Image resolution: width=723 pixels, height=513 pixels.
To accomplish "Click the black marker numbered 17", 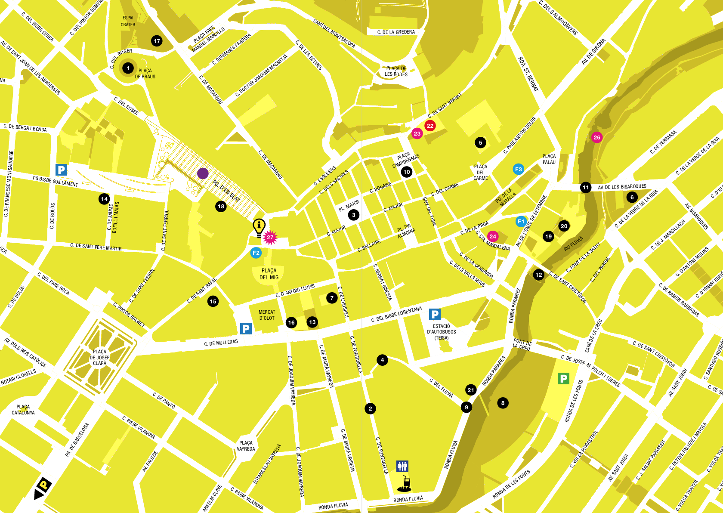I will pos(157,41).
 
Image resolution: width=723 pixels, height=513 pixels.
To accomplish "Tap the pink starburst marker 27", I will pos(270,237).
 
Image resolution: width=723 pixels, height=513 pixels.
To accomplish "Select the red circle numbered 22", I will pos(430,126).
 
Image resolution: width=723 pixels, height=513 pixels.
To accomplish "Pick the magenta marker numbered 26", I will pos(596,137).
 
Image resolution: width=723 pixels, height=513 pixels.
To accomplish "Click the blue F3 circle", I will pos(518,169).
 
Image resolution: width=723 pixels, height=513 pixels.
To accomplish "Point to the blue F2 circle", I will pos(256,253).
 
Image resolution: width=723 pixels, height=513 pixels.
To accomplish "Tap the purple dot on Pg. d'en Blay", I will pos(203,173).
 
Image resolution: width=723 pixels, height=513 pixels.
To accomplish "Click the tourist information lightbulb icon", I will pos(259,226).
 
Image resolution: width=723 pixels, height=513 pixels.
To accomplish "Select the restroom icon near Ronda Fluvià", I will pos(402,466).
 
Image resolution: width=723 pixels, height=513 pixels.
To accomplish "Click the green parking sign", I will pos(563,378).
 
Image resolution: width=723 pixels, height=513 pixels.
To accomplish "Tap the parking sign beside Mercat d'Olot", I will pos(246,329).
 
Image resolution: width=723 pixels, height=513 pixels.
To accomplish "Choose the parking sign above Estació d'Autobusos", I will pos(435,315).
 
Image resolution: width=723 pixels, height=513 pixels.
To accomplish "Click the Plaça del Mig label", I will pos(269,274).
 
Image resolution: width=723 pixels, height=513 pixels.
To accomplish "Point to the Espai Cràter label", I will pos(128,21).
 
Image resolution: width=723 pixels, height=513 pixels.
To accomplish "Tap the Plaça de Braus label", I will pos(145,74).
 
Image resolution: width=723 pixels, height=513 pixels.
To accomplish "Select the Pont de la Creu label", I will pos(522,344).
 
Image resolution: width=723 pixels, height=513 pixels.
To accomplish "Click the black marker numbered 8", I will pos(503,403).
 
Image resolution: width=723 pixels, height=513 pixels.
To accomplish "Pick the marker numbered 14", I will pos(104,199).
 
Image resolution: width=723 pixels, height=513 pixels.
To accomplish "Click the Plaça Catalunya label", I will pos(23,409).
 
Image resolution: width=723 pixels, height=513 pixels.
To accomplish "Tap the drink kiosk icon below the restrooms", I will pos(405,484).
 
